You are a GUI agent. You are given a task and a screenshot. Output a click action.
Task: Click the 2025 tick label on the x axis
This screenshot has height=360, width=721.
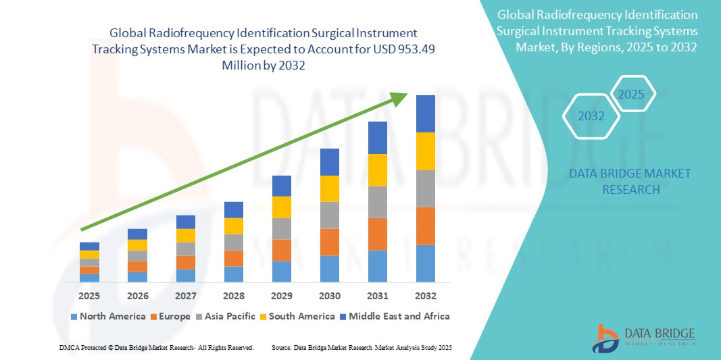tap(89, 296)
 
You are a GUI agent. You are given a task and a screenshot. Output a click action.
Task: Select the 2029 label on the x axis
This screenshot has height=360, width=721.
tap(282, 296)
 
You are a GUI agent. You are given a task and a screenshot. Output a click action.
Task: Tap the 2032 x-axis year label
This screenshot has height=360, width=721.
tap(426, 296)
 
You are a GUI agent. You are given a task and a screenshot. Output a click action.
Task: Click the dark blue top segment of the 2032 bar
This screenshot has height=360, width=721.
tap(426, 113)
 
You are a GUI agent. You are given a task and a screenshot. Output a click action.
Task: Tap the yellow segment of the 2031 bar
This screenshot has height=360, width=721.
tap(378, 170)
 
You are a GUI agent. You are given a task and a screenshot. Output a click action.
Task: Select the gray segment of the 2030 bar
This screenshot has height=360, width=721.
tap(329, 215)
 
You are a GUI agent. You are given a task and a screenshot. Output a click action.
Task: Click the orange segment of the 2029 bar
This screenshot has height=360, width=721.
tap(282, 250)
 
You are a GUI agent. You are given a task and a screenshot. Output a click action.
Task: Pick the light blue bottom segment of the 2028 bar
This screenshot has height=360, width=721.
tap(234, 274)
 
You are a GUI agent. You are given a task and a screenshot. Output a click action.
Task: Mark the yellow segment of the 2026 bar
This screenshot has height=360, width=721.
tap(137, 245)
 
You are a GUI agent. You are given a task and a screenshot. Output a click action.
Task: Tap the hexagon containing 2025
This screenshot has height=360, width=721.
tap(632, 94)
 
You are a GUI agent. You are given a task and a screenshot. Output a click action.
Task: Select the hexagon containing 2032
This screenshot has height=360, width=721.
tap(591, 116)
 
